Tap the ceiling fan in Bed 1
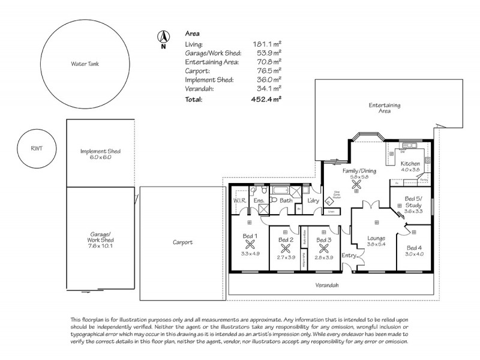pos(250,244)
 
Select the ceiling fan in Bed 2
pos(286,247)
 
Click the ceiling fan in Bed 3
pos(325,247)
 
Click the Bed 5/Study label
pos(413,202)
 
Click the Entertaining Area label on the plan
pos(385,109)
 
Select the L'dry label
pos(312,200)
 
